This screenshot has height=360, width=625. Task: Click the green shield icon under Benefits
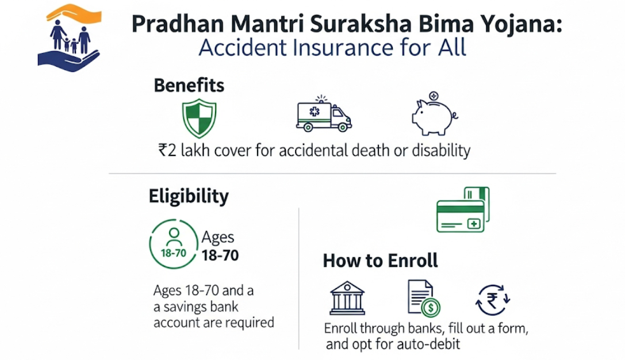pyautogui.click(x=198, y=118)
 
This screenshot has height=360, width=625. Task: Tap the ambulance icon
pyautogui.click(x=323, y=114)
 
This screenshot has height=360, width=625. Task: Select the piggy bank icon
pyautogui.click(x=433, y=114)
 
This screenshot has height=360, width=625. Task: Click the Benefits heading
pyautogui.click(x=189, y=86)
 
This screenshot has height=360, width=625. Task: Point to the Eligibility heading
pyautogui.click(x=189, y=196)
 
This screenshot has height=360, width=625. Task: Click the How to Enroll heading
pyautogui.click(x=380, y=261)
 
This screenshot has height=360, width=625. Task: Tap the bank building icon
pyautogui.click(x=347, y=297)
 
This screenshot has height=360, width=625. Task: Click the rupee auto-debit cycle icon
pyautogui.click(x=493, y=300)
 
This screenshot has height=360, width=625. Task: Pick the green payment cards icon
pyautogui.click(x=462, y=210)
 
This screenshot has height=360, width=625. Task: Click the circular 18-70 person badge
pyautogui.click(x=173, y=244)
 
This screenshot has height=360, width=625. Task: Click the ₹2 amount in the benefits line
pyautogui.click(x=167, y=151)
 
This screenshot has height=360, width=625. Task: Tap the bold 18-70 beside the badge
pyautogui.click(x=220, y=255)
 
